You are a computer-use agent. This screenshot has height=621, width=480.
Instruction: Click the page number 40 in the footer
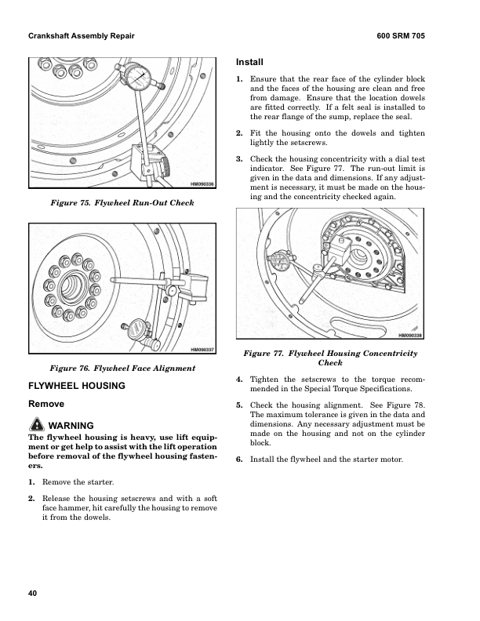pyautogui.click(x=32, y=593)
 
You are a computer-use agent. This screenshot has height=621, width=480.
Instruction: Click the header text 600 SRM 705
pyautogui.click(x=401, y=37)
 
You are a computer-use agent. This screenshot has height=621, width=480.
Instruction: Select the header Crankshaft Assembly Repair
pyautogui.click(x=75, y=37)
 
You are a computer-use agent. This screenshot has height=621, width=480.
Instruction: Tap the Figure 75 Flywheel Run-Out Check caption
pyautogui.click(x=122, y=203)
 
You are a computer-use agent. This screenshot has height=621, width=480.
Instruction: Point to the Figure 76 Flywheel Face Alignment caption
pyautogui.click(x=122, y=368)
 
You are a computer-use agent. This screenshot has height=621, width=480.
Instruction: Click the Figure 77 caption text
pyautogui.click(x=329, y=358)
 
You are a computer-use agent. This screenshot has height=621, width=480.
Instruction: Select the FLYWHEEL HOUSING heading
pyautogui.click(x=77, y=387)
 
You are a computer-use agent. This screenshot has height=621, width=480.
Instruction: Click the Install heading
pyautogui.click(x=249, y=62)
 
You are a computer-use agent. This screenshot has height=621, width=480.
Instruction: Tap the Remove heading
pyautogui.click(x=45, y=406)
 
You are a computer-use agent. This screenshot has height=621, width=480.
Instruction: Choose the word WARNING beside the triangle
pyautogui.click(x=71, y=426)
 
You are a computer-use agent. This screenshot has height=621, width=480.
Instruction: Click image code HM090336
pyautogui.click(x=202, y=183)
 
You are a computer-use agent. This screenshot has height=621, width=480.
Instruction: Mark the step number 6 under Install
pyautogui.click(x=239, y=459)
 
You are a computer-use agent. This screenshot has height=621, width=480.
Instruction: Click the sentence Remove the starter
pyautogui.click(x=78, y=481)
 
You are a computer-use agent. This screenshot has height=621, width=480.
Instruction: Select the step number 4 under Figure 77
pyautogui.click(x=239, y=379)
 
